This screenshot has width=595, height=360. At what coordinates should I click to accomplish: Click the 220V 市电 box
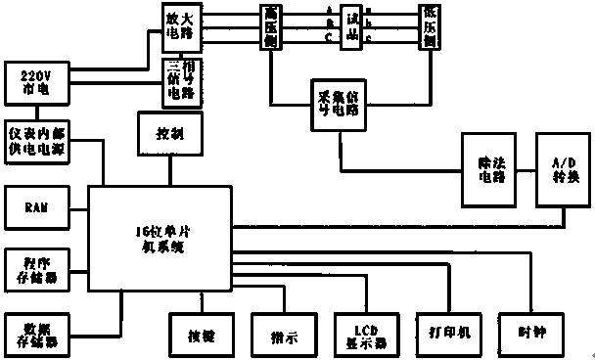click(x=34, y=81)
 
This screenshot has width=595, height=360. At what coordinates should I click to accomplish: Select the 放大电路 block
click(x=181, y=25)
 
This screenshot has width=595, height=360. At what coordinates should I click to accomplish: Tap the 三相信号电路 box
click(x=181, y=81)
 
